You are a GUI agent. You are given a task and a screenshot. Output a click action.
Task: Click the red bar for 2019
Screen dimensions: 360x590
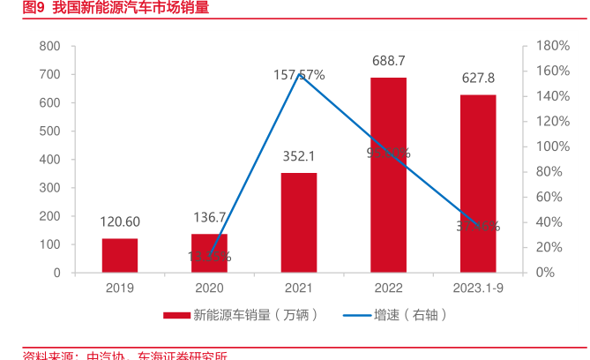(120, 255)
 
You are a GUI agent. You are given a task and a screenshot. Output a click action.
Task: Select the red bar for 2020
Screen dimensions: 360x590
(209, 253)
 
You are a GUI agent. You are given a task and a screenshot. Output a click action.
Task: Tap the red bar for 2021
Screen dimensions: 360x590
(299, 222)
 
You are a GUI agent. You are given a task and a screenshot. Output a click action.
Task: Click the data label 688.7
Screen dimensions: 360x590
(389, 61)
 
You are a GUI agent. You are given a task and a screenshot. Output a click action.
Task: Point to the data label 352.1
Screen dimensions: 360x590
(299, 156)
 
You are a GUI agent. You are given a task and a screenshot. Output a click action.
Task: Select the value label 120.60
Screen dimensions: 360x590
(120, 221)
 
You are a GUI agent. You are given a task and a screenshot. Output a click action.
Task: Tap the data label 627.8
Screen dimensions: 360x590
(478, 78)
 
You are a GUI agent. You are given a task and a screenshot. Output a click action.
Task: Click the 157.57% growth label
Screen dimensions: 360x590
(299, 75)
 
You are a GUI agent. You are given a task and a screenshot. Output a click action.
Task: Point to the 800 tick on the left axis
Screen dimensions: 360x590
(50, 46)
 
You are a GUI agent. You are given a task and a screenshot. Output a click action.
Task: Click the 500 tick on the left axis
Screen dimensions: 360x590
(50, 131)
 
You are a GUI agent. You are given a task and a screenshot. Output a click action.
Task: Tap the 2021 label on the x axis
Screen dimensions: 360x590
(299, 288)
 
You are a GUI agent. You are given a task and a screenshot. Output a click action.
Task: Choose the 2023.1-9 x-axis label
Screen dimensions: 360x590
(478, 288)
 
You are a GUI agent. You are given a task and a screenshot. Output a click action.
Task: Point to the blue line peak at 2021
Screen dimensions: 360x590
(299, 75)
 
